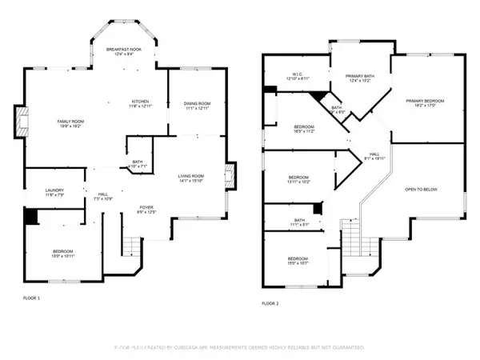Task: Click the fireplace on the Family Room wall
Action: [21, 121]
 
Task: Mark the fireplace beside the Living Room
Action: [231, 176]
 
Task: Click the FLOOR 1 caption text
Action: [31, 298]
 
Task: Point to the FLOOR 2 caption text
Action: [271, 304]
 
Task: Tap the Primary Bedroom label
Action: [424, 102]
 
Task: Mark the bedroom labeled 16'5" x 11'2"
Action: [303, 130]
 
